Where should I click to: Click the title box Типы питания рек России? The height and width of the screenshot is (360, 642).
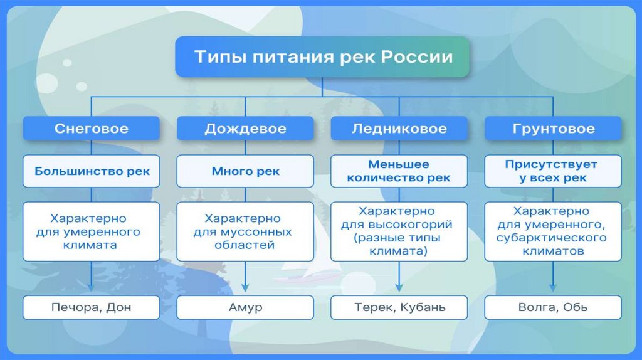click(x=322, y=57)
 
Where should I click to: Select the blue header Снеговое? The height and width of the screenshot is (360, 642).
click(x=92, y=129)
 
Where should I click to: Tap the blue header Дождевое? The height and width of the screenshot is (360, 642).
click(x=245, y=129)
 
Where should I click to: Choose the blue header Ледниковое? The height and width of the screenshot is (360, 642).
click(x=399, y=129)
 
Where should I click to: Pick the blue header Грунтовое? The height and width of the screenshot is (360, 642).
click(x=553, y=129)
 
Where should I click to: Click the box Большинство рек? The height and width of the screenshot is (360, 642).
click(x=92, y=171)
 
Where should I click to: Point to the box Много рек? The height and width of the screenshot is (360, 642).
click(x=245, y=171)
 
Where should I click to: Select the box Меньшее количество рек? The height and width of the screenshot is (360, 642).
click(x=399, y=171)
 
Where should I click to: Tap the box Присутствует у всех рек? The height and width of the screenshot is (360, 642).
click(x=553, y=171)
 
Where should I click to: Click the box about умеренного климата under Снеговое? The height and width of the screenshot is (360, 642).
click(x=92, y=231)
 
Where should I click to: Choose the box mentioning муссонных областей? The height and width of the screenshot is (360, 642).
click(x=245, y=231)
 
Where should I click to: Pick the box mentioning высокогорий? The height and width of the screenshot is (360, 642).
click(x=399, y=231)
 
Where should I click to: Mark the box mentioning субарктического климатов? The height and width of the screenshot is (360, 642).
click(x=553, y=231)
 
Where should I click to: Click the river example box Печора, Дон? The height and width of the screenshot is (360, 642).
click(x=92, y=307)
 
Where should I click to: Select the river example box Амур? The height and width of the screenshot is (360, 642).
click(x=245, y=307)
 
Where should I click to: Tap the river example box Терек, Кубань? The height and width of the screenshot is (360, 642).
click(x=399, y=307)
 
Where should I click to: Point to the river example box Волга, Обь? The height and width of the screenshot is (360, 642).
click(x=553, y=307)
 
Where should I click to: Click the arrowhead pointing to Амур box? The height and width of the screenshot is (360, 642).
click(x=245, y=288)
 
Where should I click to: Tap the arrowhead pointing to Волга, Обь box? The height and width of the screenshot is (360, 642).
click(x=553, y=288)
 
